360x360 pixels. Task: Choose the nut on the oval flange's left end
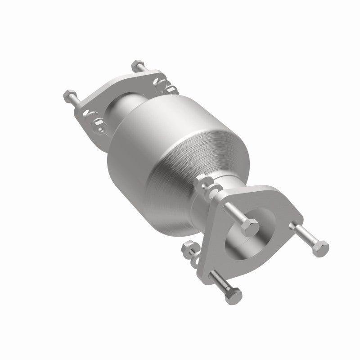tap(98, 123)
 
